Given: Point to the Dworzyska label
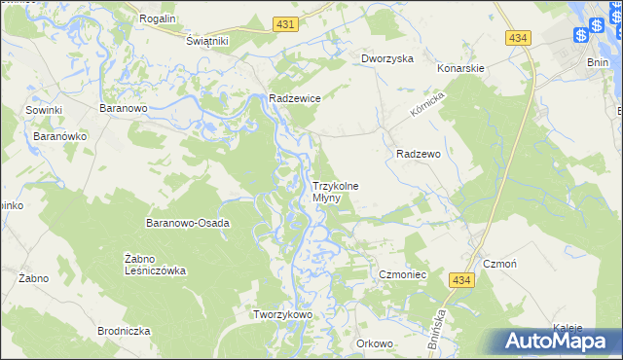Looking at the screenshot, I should click(387, 58).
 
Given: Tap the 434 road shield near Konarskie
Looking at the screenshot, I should click(518, 37).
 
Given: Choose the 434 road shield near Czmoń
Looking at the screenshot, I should click(462, 280).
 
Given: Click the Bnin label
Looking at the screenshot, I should click(599, 61).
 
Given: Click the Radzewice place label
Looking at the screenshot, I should click(295, 98).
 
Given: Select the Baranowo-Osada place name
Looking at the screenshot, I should click(187, 223).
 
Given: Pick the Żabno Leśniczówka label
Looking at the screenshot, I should click(156, 265).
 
